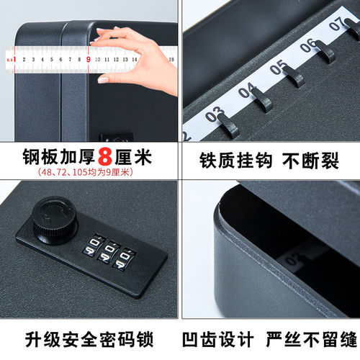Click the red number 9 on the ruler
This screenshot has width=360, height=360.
88,59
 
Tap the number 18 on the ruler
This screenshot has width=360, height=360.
171,60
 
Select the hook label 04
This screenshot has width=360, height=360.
247,92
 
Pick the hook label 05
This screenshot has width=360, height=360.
279,69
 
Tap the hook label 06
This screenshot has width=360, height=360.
308,47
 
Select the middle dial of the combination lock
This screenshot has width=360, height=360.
111,250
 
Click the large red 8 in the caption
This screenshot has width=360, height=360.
107,157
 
